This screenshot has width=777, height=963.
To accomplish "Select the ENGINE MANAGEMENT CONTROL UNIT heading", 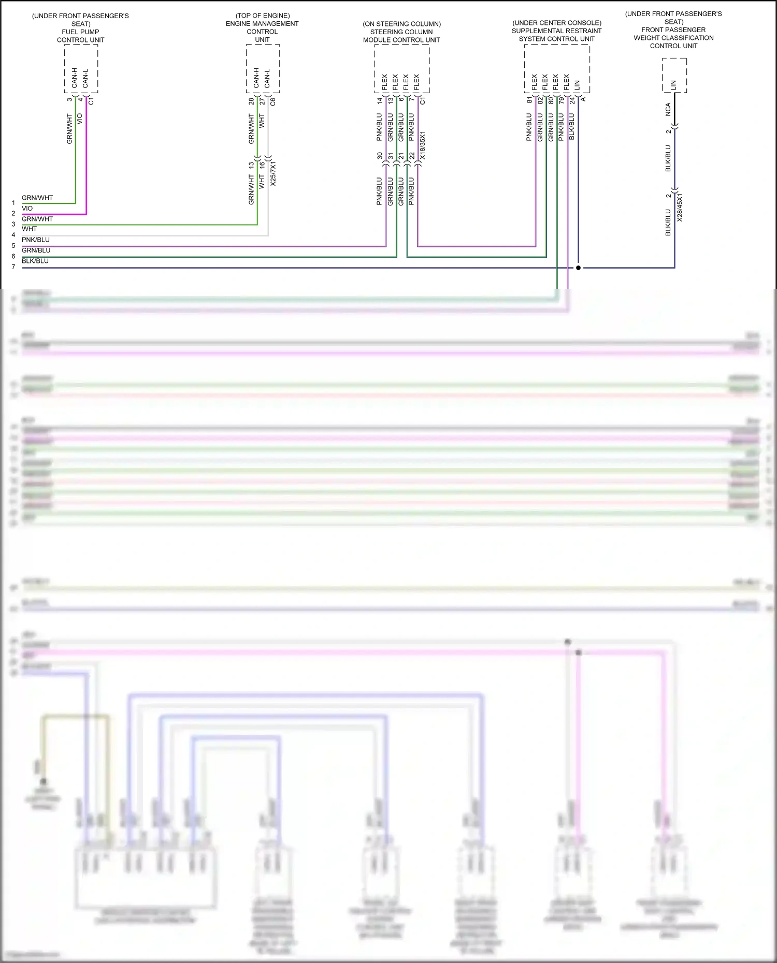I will point(262,27).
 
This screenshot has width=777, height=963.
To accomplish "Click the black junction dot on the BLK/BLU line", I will point(578,268).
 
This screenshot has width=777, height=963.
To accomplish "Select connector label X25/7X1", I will point(273,174).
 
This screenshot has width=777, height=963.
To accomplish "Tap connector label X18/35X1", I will point(423,145).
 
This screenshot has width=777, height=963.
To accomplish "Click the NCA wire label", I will point(668,109).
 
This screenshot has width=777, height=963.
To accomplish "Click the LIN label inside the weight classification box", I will point(673,84).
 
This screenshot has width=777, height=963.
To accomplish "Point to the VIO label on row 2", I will point(27,209).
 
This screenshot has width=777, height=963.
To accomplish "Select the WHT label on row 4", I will point(29,229).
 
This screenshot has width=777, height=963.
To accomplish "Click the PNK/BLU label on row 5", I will point(36,240).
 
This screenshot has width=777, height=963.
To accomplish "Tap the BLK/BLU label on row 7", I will point(35,261).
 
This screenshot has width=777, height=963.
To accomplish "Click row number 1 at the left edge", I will point(13,203).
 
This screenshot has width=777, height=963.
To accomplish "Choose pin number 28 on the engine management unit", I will point(251,101).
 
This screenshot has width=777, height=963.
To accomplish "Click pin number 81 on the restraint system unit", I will point(529,100).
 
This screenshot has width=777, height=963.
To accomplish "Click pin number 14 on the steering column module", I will point(380,100).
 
